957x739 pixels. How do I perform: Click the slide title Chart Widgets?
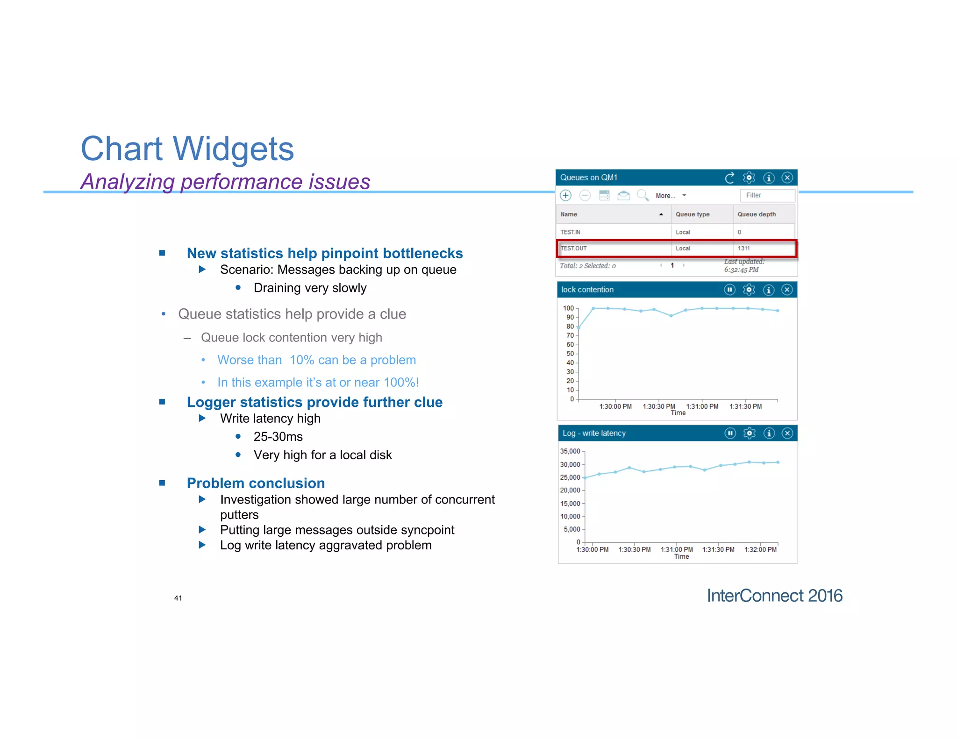tap(187, 149)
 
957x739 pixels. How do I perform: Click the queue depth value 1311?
tap(743, 249)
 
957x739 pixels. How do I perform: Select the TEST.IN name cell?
tap(570, 232)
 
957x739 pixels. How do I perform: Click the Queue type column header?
tap(692, 214)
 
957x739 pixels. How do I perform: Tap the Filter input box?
tap(767, 195)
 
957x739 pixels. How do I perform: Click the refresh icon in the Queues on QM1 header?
tap(729, 178)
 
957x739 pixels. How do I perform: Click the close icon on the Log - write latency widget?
tap(787, 433)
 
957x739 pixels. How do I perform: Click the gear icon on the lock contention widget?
tap(749, 290)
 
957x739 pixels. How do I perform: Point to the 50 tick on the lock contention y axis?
tap(570, 354)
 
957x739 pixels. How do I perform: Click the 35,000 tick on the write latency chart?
tap(570, 451)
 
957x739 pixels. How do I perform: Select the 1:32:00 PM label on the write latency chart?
tap(760, 550)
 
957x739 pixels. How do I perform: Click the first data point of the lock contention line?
tap(579, 327)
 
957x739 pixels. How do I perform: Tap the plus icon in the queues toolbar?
tap(566, 196)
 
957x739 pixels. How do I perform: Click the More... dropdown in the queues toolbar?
tap(670, 196)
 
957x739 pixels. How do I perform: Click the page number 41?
tap(178, 598)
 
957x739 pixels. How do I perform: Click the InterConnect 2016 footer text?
tap(774, 596)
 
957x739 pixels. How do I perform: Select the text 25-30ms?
tap(278, 437)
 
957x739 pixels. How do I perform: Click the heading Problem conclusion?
tap(256, 483)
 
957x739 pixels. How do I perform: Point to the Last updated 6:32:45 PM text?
tap(743, 266)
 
